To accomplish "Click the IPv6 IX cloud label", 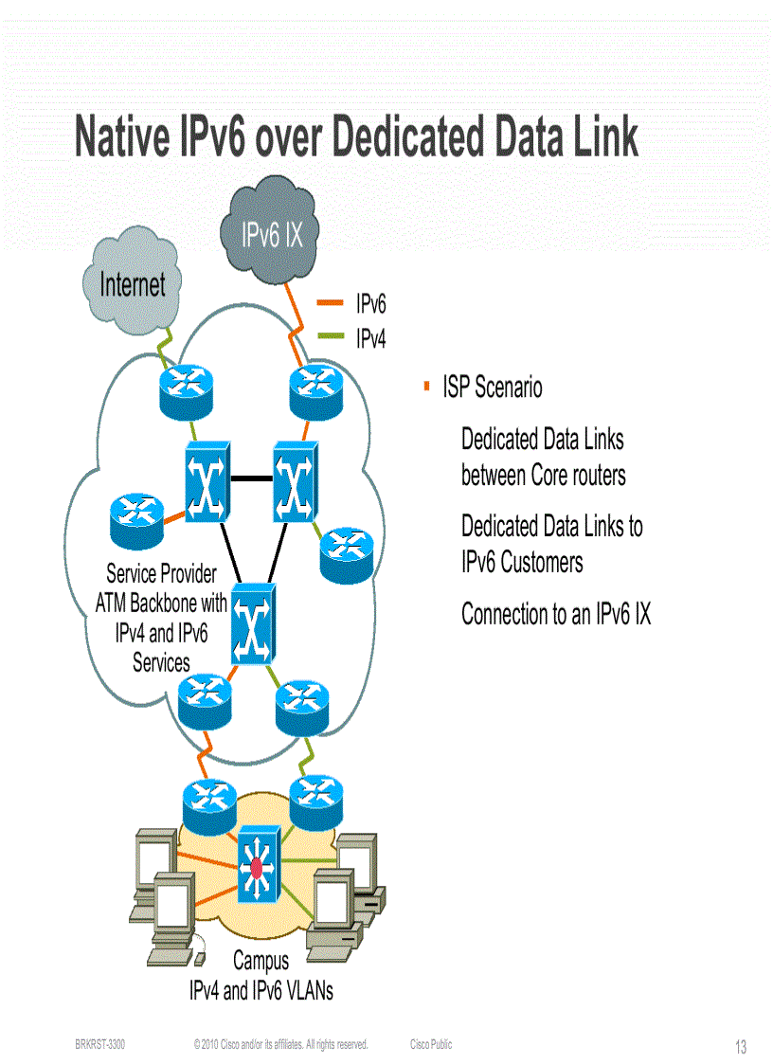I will tap(272, 235).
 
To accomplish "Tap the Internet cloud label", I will tap(133, 283).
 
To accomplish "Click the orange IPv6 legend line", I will tap(330, 303).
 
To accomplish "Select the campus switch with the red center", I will tap(256, 864).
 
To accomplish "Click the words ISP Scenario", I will tap(493, 387).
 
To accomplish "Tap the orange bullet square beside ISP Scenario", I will tap(426, 386).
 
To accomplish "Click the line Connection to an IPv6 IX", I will tap(556, 614).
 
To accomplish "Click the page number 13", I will tap(740, 1047).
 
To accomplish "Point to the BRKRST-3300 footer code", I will tap(99, 1044).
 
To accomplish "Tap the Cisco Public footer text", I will tap(431, 1044).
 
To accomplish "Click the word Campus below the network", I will tap(261, 961).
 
